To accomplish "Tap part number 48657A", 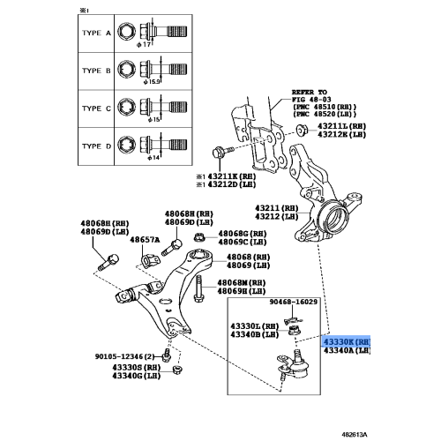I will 145,239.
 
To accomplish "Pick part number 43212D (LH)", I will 231,185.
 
